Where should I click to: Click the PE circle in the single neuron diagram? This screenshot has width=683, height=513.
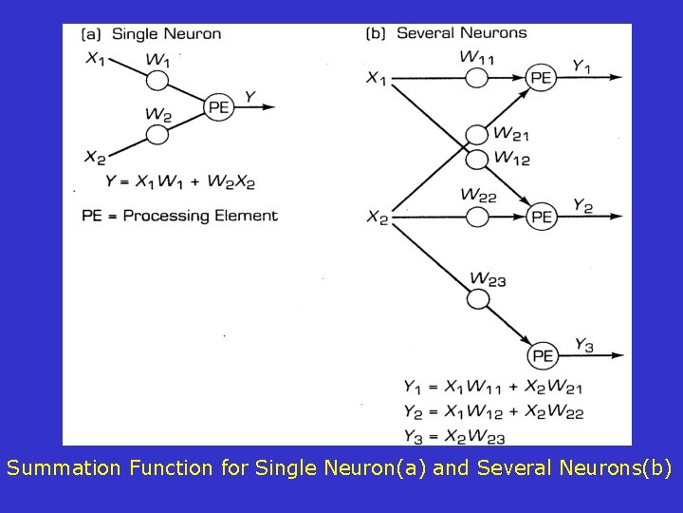click(x=219, y=107)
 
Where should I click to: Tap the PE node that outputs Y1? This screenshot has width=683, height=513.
click(x=541, y=78)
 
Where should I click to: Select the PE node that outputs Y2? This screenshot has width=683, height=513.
click(x=541, y=217)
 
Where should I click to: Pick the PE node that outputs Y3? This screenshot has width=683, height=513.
click(x=542, y=355)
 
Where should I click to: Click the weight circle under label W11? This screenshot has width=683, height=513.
click(x=477, y=77)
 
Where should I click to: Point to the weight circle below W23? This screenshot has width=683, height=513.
click(x=479, y=298)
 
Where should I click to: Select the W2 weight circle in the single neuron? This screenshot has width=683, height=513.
click(x=157, y=134)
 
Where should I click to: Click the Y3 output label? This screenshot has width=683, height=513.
click(x=584, y=346)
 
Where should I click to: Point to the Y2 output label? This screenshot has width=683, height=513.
click(x=583, y=206)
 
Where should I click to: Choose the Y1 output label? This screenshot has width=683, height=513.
click(x=582, y=66)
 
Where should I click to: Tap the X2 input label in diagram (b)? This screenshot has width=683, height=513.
click(x=378, y=218)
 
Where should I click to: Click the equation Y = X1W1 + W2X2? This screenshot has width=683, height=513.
click(x=180, y=181)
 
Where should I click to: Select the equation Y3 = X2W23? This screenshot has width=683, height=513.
click(x=453, y=437)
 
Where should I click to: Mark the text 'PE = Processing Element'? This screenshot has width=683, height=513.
click(x=180, y=216)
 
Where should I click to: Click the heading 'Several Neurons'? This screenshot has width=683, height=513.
click(x=461, y=33)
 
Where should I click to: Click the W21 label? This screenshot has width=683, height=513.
click(x=511, y=134)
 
